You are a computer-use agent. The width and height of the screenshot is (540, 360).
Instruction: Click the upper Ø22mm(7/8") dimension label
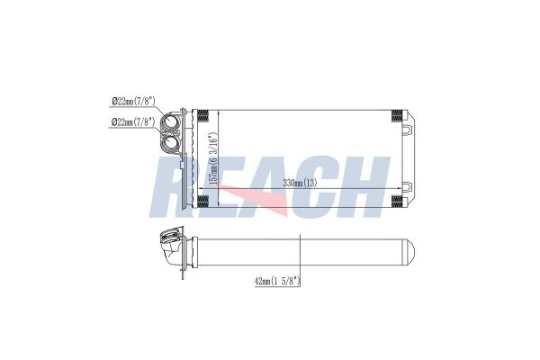click(x=133, y=102)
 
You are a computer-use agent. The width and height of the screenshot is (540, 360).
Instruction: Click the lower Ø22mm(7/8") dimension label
click(x=133, y=121)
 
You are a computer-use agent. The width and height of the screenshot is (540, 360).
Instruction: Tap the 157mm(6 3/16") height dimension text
click(x=214, y=157)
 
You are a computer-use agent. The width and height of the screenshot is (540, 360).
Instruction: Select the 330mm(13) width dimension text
click(x=300, y=183)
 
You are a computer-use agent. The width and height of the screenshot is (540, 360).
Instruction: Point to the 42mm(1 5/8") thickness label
click(x=277, y=281)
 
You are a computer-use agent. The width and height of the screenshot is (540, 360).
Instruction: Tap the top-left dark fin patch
click(x=203, y=115)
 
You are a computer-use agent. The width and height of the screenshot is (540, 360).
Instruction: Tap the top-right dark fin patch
click(x=397, y=116)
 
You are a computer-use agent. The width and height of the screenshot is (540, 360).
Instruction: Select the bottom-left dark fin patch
click(x=203, y=202)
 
